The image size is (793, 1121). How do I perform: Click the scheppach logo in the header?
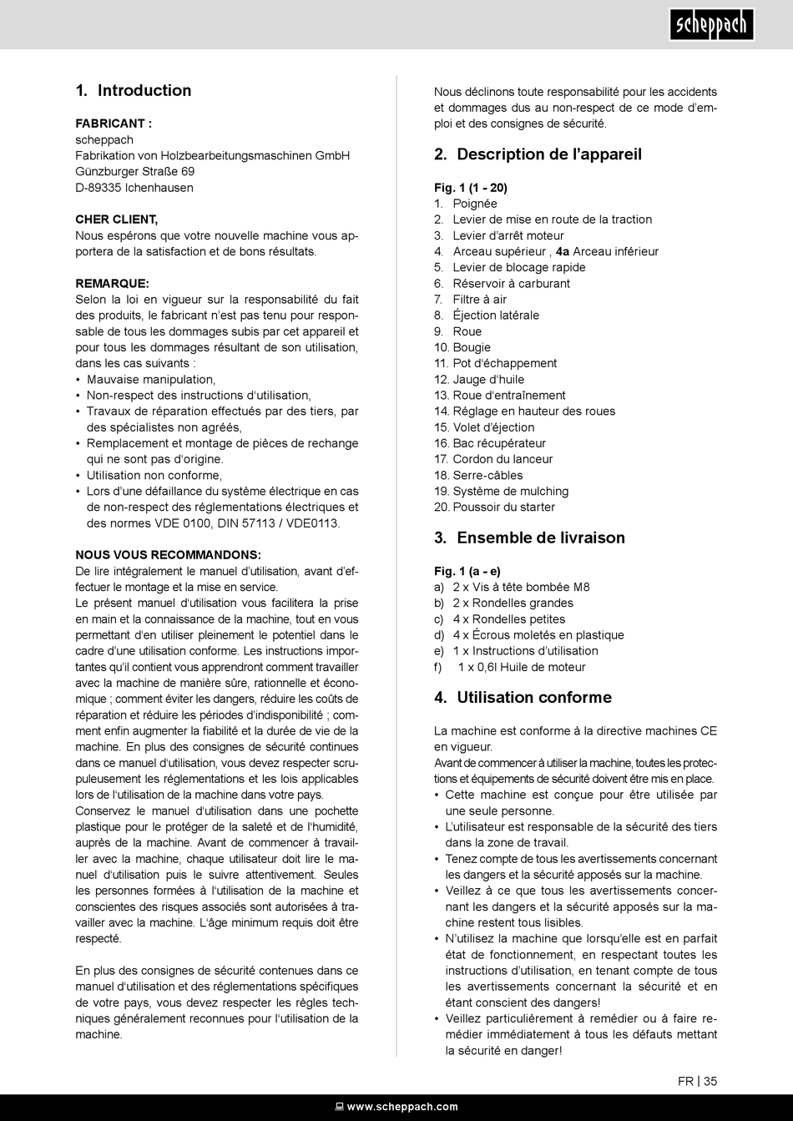(x=712, y=25)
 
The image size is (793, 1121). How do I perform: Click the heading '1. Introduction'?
(x=134, y=91)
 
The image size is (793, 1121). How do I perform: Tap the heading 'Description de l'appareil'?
(x=538, y=154)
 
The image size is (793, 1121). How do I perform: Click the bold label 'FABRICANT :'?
(x=114, y=124)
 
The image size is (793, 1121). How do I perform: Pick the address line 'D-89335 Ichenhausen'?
(x=134, y=188)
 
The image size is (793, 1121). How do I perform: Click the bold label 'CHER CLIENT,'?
(x=116, y=220)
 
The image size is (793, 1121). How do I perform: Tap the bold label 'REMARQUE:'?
(x=112, y=284)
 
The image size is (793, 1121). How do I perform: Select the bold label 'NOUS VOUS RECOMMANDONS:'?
(x=168, y=555)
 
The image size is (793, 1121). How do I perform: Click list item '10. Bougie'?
(x=462, y=347)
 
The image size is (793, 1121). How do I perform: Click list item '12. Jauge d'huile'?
(x=479, y=380)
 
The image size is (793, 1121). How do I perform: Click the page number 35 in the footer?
(x=710, y=1081)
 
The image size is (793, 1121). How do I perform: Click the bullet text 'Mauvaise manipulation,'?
(x=151, y=380)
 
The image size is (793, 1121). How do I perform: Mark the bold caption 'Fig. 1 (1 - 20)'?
(x=471, y=188)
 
